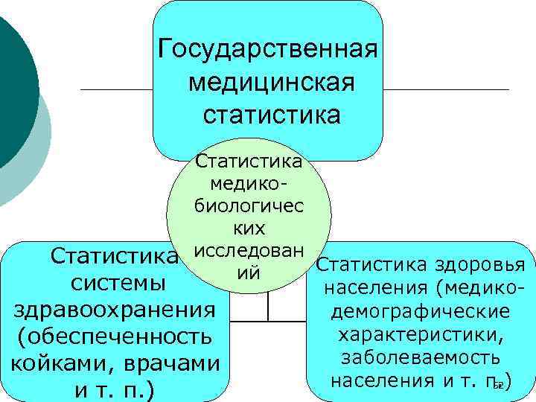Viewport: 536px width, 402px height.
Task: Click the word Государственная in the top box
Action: pos(269,51)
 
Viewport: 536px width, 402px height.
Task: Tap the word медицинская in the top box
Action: pos(270,83)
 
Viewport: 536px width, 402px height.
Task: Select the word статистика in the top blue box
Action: pos(270,115)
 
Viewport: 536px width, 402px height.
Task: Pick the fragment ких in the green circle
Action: pos(249,227)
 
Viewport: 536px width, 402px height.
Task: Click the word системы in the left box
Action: pos(114,284)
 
